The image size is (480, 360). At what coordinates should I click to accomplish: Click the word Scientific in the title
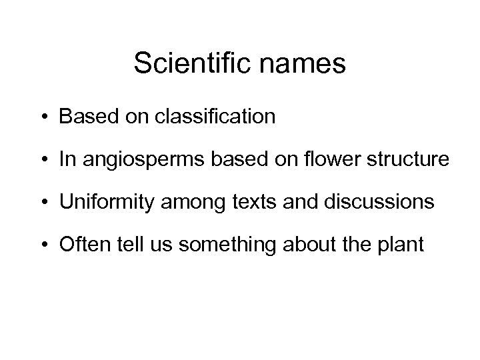pos(191,64)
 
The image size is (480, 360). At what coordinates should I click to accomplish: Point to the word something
pos(229,245)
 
